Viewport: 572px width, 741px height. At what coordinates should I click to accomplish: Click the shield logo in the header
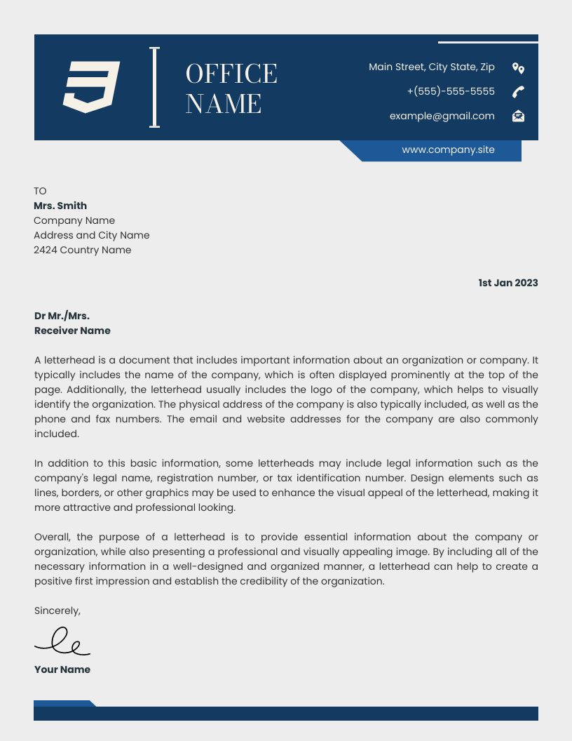pos(91,87)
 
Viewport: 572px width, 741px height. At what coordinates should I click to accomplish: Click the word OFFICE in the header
pos(231,74)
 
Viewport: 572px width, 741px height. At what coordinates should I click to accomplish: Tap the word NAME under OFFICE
pos(224,104)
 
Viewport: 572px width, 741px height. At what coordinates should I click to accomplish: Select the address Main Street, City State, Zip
pos(431,67)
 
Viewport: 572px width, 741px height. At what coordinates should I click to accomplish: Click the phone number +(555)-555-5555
pos(451,91)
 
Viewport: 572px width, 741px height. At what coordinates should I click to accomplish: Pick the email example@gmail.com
pos(442,116)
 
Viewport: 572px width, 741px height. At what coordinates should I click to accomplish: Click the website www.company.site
pos(448,149)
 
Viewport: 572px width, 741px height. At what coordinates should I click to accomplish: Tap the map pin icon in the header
pos(518,68)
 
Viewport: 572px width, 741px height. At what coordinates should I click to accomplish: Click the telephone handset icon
pos(518,92)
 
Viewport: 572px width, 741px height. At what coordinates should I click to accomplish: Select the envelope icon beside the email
pos(518,116)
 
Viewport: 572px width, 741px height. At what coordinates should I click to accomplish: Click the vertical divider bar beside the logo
pos(154,87)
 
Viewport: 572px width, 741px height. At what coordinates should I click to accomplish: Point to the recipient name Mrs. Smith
pos(60,206)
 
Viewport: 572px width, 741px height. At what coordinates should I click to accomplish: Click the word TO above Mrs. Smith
pos(40,191)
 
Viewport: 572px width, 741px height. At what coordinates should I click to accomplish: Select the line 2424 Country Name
pos(82,250)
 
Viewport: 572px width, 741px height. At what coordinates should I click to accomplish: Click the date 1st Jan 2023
pos(508,283)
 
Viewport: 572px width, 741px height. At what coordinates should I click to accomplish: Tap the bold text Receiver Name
pos(72,331)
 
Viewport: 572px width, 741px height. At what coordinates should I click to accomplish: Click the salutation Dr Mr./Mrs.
pos(62,316)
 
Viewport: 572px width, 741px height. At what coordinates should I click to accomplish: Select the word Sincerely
pos(57,610)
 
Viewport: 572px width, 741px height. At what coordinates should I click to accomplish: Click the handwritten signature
pos(62,641)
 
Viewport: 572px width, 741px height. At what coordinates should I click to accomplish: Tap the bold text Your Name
pos(62,669)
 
